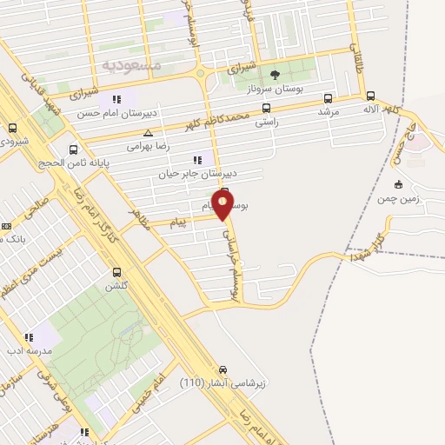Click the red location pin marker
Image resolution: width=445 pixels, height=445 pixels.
point(223,206)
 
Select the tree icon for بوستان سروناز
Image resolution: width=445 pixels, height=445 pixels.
point(276,75)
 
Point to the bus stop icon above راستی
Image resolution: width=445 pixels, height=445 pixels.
point(266,109)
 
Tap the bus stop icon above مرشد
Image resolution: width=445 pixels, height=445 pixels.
point(328,98)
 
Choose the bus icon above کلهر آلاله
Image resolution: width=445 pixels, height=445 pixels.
point(371,97)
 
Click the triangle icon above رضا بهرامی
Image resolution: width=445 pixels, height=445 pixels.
point(149,134)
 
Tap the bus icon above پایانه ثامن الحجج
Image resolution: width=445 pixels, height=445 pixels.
point(74,149)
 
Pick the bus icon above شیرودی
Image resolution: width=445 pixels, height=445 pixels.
point(12,128)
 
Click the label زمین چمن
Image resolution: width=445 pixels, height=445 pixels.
point(398,199)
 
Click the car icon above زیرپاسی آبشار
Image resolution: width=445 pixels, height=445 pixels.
point(225,369)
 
